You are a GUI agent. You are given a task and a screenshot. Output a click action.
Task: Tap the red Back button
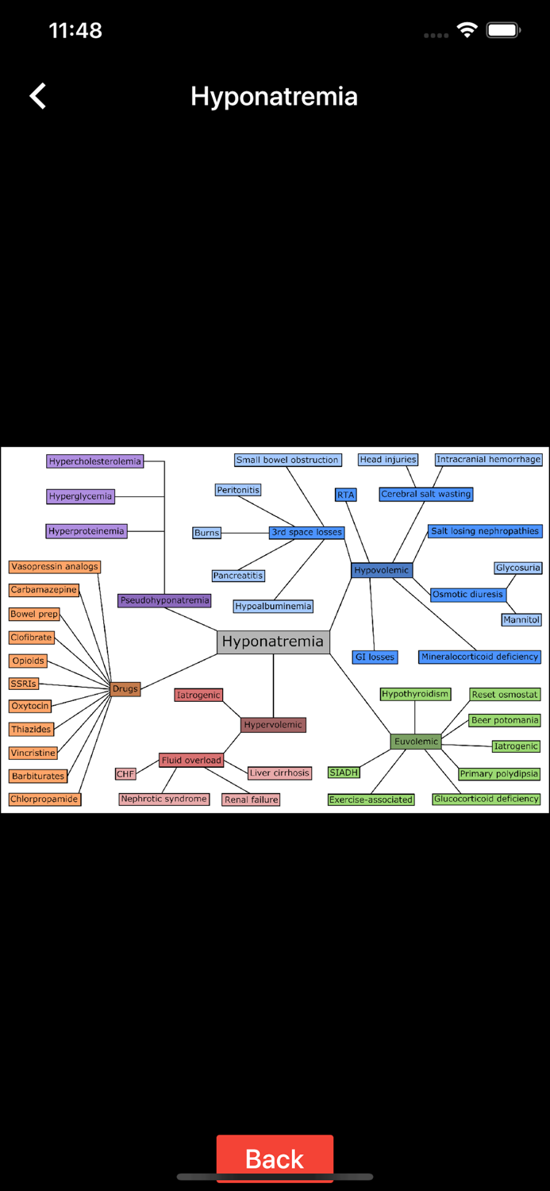click(x=275, y=1158)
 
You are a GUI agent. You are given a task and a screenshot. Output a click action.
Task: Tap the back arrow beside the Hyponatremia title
click(x=38, y=96)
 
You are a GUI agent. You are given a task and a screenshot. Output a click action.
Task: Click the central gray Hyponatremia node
click(x=272, y=642)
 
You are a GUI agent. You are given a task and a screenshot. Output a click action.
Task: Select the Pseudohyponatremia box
click(x=164, y=600)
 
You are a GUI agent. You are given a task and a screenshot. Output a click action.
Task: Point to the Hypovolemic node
click(x=381, y=570)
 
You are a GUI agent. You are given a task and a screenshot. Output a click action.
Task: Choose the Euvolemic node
click(x=416, y=742)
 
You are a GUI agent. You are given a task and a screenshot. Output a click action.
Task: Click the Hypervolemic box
click(x=273, y=725)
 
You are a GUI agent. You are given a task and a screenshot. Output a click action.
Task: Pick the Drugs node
click(x=125, y=688)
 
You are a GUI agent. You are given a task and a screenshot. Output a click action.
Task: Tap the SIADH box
click(x=344, y=773)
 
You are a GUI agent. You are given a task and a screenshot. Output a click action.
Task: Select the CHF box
click(x=125, y=774)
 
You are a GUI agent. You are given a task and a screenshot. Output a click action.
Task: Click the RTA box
click(x=345, y=495)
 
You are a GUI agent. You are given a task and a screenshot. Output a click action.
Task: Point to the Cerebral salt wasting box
click(x=425, y=494)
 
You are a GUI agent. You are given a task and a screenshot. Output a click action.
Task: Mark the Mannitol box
click(x=521, y=619)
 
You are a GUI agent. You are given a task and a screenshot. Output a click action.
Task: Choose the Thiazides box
click(x=31, y=729)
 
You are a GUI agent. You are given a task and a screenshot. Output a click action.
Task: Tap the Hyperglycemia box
click(x=80, y=496)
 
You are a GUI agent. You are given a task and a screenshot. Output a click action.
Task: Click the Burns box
click(x=206, y=533)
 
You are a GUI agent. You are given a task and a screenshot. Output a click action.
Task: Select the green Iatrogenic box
click(x=516, y=746)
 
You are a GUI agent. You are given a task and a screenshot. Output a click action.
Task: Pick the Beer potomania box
click(x=505, y=720)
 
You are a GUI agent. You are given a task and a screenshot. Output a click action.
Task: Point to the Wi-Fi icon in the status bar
click(x=467, y=30)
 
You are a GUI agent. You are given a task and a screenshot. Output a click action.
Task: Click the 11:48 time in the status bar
click(x=75, y=30)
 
